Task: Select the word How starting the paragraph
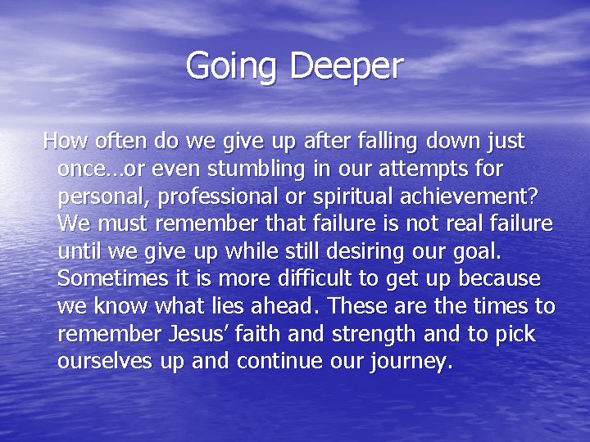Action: click(x=62, y=142)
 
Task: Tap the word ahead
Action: click(x=283, y=307)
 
